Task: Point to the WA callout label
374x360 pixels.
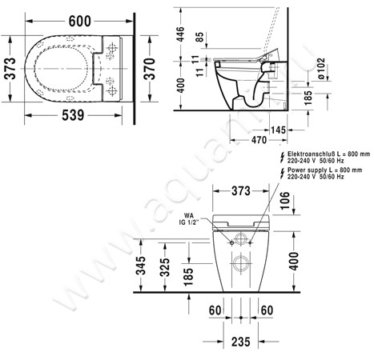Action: (x=190, y=216)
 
